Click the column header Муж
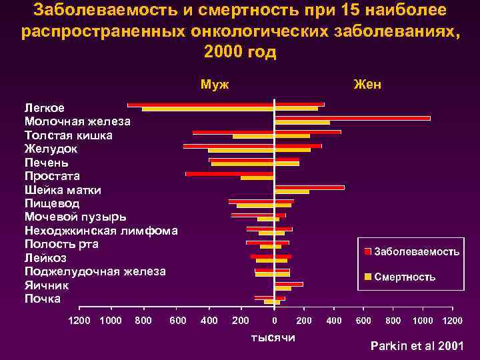point(215,85)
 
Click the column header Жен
point(367,85)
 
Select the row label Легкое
point(45,108)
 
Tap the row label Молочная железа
point(77,121)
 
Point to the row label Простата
point(52,176)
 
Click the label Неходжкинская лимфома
point(101,231)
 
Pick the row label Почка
point(42,299)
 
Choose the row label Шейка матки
point(63,190)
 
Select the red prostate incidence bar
point(229,174)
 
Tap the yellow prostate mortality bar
point(257,178)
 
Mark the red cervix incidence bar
point(309,187)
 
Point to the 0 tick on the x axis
point(274,321)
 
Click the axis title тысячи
point(273,338)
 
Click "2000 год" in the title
point(240,53)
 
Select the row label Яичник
point(46,285)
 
